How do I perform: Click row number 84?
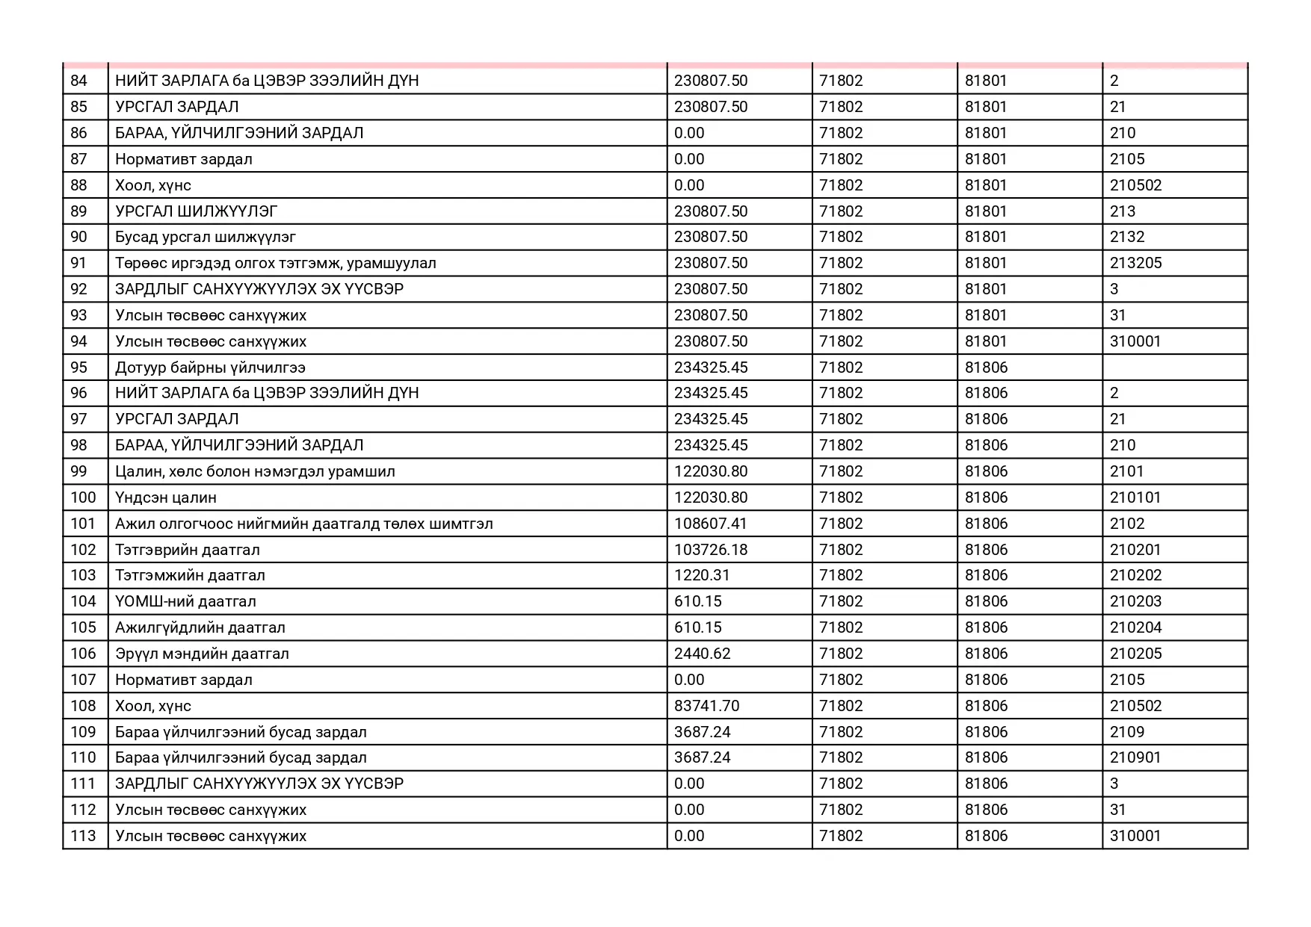point(78,81)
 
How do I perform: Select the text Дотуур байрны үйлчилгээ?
point(210,368)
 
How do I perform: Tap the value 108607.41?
point(710,524)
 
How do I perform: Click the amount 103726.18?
point(710,550)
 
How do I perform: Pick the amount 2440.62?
point(702,654)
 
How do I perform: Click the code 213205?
point(1135,263)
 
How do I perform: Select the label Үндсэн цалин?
point(165,497)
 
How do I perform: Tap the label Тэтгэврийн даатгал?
point(187,550)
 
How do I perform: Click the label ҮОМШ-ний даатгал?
point(185,601)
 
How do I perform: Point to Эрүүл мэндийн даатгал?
point(202,654)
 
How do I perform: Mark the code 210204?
point(1135,627)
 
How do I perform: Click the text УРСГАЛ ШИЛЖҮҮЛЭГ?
point(196,211)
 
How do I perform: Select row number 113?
point(83,836)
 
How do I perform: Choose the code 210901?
point(1135,757)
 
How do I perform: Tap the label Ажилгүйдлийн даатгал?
point(200,627)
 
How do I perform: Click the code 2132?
point(1126,237)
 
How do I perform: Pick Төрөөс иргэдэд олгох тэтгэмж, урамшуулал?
point(275,263)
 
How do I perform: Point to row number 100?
point(83,497)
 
